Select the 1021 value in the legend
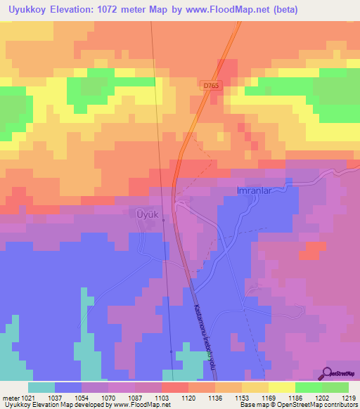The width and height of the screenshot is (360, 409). [27, 397]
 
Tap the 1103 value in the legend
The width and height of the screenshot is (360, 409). [162, 397]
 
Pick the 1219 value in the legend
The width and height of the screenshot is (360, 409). [348, 397]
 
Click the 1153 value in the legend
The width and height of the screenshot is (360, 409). [242, 397]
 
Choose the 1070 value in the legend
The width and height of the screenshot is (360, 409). [108, 397]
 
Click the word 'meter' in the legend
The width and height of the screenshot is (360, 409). [9, 397]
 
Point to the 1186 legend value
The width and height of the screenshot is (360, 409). [295, 397]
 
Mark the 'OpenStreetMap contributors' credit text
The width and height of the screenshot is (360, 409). [317, 405]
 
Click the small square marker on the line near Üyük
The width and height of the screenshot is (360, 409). [164, 220]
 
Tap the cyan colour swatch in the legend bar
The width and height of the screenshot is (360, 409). [41, 387]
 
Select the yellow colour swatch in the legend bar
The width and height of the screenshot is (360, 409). [281, 387]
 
